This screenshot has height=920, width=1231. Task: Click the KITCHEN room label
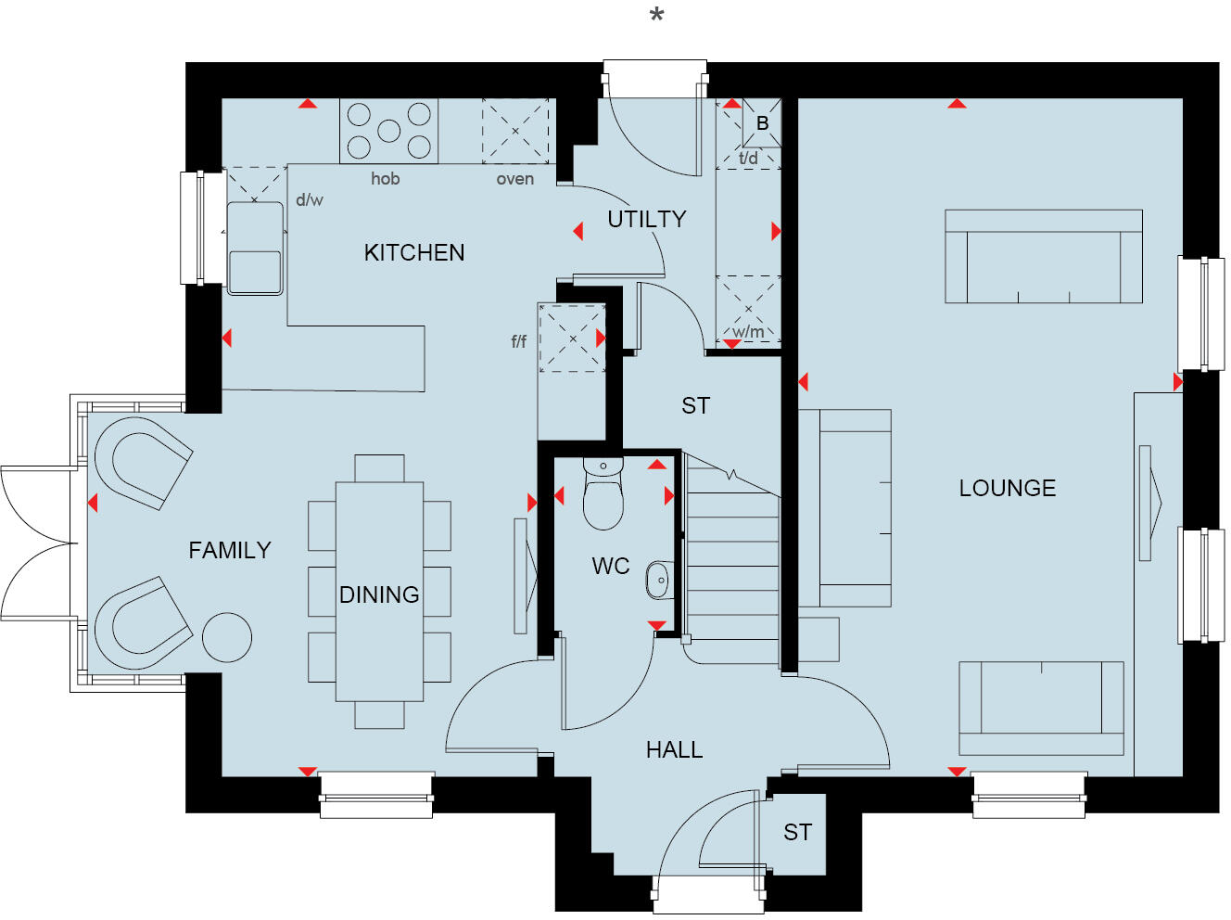(x=414, y=252)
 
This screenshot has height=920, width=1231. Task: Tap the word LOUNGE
(x=1007, y=488)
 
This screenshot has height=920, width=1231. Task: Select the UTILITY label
(x=646, y=219)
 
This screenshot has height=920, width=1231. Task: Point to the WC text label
(x=610, y=566)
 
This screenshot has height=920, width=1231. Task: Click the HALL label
(x=674, y=749)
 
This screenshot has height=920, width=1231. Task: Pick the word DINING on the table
(x=379, y=594)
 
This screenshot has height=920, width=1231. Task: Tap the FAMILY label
(x=229, y=550)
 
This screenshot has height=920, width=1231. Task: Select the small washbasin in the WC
(x=659, y=581)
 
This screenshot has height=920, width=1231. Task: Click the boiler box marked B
(x=762, y=123)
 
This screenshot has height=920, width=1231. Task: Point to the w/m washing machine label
(x=748, y=331)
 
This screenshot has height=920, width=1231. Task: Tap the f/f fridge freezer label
(x=519, y=341)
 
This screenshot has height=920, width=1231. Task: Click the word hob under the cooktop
(x=385, y=178)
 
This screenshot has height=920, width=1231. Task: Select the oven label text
(x=514, y=179)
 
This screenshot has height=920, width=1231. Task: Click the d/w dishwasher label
(x=309, y=199)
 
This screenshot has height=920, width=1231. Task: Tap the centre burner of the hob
(x=389, y=131)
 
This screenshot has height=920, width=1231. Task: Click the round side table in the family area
(x=226, y=637)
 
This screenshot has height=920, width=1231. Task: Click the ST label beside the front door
(x=797, y=832)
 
